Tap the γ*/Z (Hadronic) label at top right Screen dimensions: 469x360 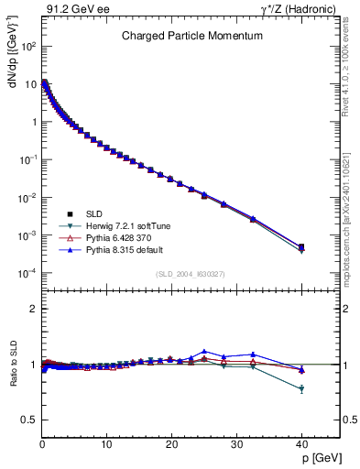coord(300,8)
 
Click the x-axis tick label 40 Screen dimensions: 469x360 coord(301,444)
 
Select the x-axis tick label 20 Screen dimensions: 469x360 coord(171,444)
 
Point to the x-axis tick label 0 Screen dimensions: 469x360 coord(42,444)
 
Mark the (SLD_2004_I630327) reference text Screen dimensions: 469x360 coord(191,274)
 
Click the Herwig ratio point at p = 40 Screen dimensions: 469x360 coord(301,389)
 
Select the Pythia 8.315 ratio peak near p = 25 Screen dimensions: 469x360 coord(204,351)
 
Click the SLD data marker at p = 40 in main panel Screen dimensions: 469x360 coord(301,246)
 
